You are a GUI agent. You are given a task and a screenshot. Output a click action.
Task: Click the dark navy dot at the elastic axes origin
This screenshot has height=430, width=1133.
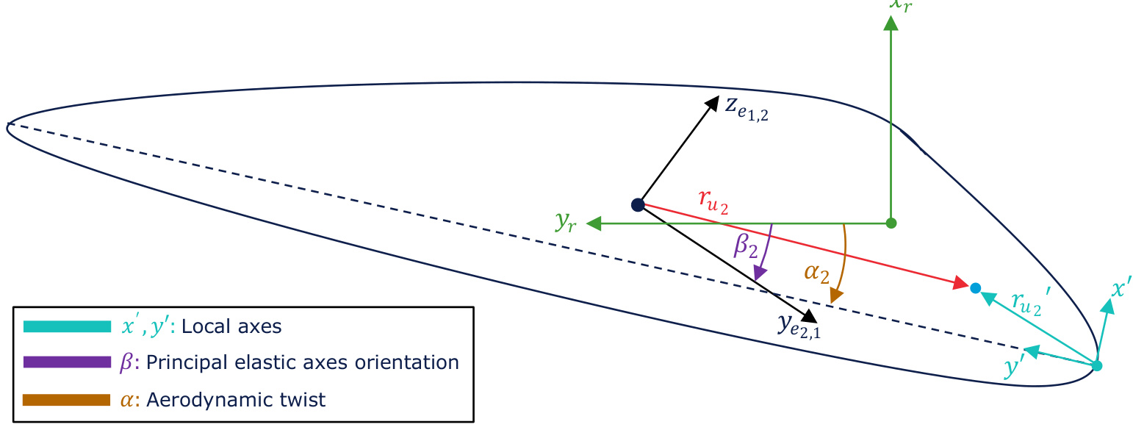638,204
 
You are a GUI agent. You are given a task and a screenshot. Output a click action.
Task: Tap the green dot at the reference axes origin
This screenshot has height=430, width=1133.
891,222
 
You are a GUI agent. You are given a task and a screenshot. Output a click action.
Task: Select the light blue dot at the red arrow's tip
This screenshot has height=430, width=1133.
975,288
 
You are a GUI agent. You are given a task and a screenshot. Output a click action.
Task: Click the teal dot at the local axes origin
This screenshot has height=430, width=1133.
1097,365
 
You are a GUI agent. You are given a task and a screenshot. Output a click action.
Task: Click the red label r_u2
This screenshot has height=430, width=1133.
713,200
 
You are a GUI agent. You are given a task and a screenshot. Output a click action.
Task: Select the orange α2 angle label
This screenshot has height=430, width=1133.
816,273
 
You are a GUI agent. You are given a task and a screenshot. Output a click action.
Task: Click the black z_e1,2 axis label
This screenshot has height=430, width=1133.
747,109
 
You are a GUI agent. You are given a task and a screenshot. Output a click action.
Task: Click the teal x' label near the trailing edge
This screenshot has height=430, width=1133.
1121,289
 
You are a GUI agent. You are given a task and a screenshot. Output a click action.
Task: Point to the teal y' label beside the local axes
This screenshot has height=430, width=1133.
1014,367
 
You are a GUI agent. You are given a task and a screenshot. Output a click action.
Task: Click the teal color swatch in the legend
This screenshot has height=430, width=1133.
67,326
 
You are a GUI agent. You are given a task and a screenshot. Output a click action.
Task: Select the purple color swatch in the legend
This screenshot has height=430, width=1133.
67,362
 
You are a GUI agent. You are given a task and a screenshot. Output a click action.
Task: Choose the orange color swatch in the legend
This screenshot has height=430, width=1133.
67,400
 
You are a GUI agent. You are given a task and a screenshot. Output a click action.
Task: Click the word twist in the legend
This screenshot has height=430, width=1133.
301,400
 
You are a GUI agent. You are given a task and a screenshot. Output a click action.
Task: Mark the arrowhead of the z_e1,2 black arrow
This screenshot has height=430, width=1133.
711,103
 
